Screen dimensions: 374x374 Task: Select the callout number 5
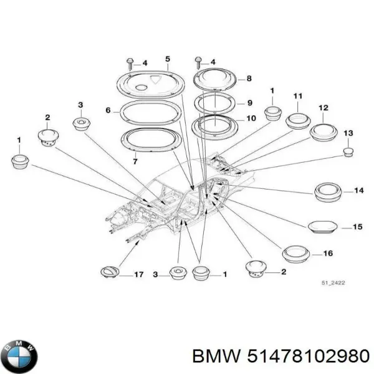pyautogui.click(x=167, y=59)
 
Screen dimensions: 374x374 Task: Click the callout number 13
pyautogui.click(x=348, y=133)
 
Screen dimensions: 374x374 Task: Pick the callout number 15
pyautogui.click(x=357, y=227)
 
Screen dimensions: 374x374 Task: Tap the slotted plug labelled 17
pyautogui.click(x=108, y=272)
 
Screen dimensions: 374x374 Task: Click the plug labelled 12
pyautogui.click(x=323, y=133)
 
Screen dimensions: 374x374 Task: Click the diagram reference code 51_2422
pyautogui.click(x=333, y=284)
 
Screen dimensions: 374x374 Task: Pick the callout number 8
pyautogui.click(x=249, y=79)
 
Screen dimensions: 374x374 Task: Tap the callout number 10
pyautogui.click(x=250, y=118)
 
